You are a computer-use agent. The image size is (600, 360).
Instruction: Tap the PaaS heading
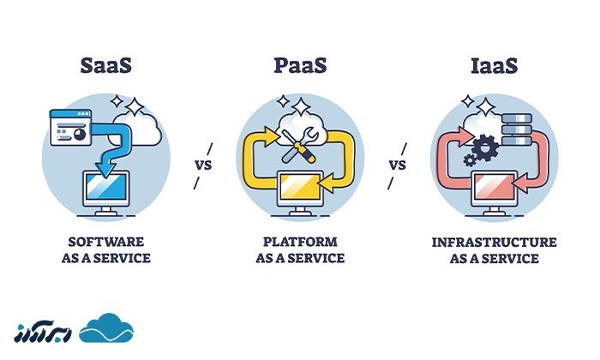299,65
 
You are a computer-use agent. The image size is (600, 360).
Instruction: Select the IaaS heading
495,65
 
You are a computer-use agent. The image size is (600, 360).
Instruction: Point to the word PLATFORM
299,242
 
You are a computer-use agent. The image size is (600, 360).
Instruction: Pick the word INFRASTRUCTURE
495,243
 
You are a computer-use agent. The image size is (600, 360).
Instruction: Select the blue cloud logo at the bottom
107,329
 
